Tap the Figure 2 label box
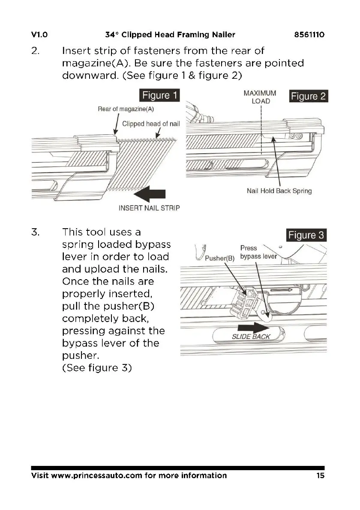point(308,96)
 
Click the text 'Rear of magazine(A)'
point(126,109)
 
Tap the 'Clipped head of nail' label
point(151,124)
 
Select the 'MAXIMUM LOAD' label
point(260,97)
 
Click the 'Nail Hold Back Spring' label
point(279,191)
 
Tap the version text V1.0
point(39,35)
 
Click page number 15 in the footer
point(321,476)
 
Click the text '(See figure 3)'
point(96,368)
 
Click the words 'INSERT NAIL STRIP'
point(149,208)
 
